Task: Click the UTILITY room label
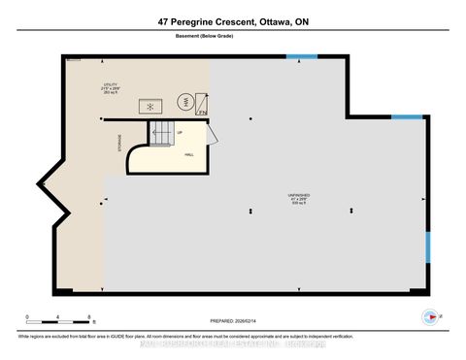[110, 84]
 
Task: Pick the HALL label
[189, 153]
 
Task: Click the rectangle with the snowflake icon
[152, 106]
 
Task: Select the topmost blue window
[301, 55]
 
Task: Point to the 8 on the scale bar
[89, 317]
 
